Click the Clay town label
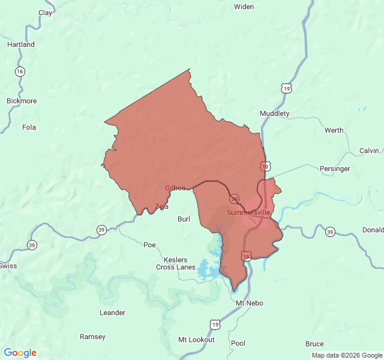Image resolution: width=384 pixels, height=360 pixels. [45, 12]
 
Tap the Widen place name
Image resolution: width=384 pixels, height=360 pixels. [244, 7]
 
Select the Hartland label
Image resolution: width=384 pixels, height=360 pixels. [21, 44]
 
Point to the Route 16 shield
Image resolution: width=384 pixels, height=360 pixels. [20, 71]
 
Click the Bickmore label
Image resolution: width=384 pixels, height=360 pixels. [22, 101]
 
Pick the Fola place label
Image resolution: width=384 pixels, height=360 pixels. [29, 127]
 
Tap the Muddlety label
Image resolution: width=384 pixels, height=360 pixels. [274, 113]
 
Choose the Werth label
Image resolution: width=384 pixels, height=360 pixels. [334, 130]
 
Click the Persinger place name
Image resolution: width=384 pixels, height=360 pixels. [335, 169]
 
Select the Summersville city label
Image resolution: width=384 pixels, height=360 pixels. [248, 212]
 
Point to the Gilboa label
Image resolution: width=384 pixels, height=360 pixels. [175, 188]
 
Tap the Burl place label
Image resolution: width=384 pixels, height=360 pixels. [184, 219]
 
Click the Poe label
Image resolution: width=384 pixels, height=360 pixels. [149, 244]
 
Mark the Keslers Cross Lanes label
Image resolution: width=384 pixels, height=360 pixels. [176, 263]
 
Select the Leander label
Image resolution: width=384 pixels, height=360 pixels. [112, 313]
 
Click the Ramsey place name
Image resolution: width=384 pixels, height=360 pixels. [92, 337]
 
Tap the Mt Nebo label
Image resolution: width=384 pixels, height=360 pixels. [250, 303]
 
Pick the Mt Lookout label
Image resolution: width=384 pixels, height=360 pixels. [196, 340]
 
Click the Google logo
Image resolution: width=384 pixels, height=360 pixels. [20, 353]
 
